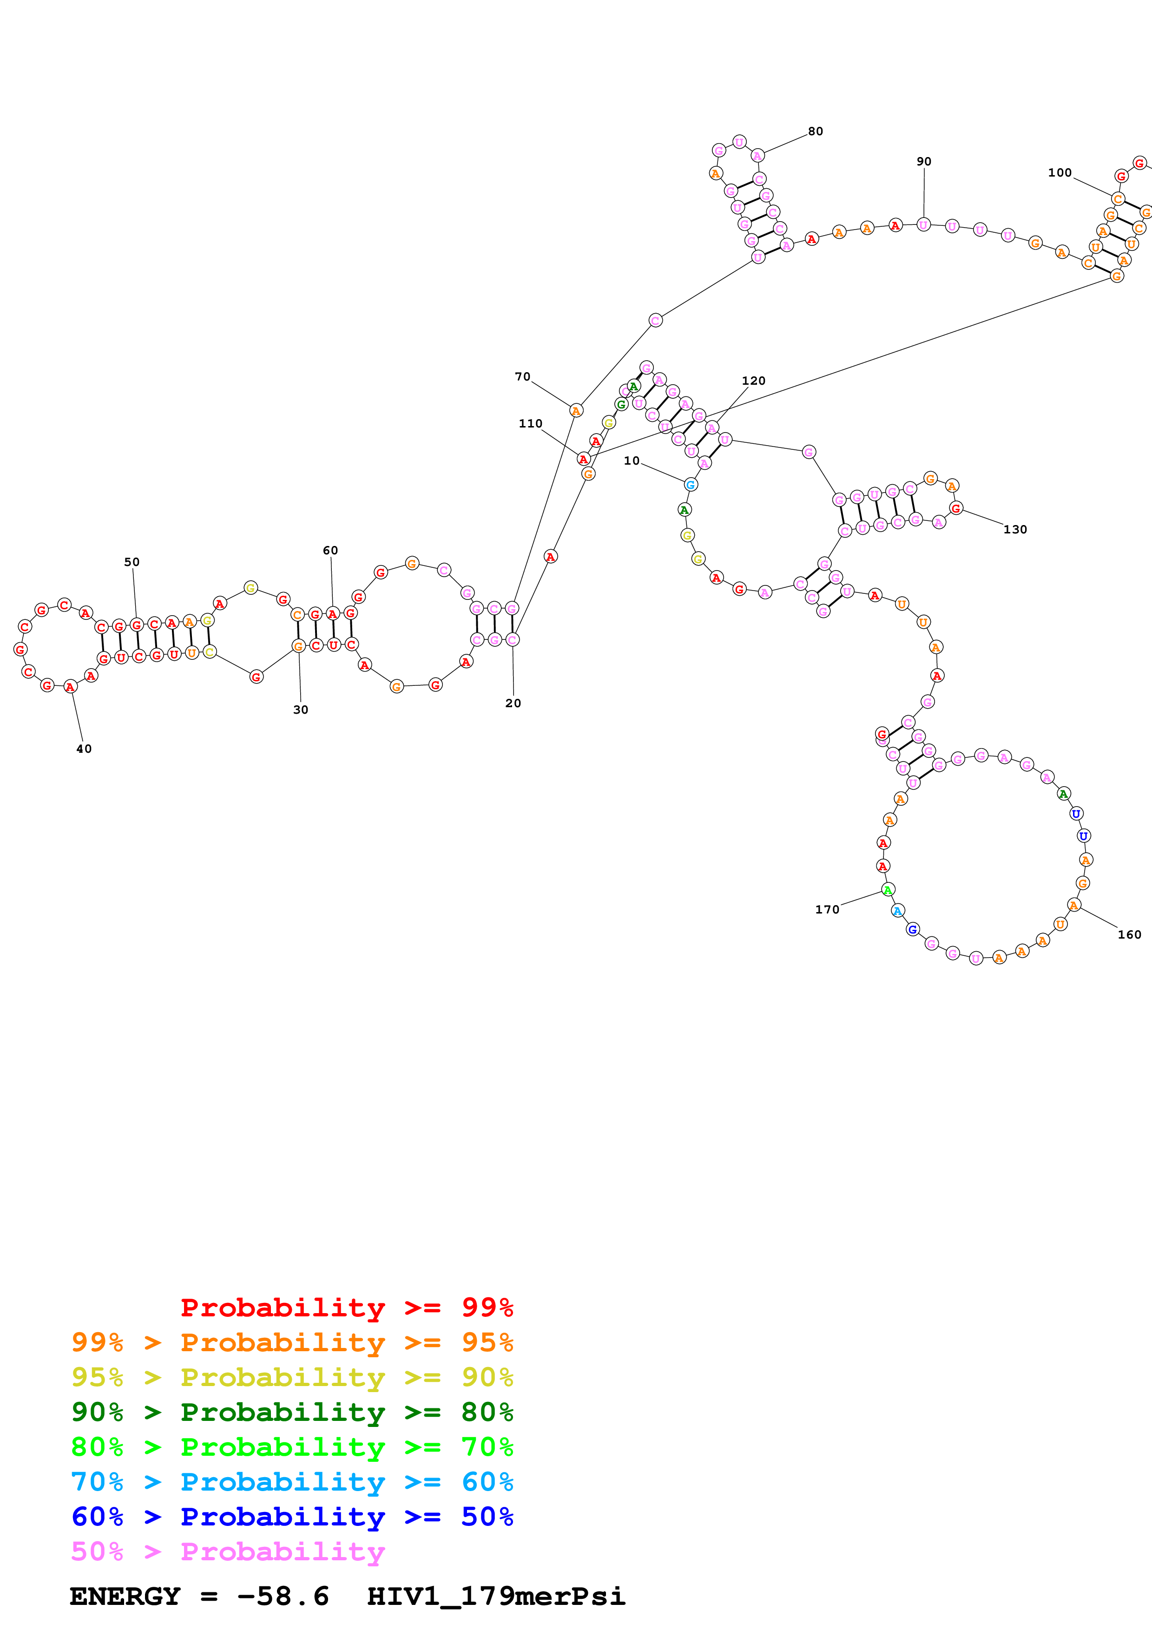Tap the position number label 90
923,161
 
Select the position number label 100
1059,172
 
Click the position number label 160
1129,934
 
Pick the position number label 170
827,909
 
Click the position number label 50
132,562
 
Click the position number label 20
513,703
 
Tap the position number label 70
522,376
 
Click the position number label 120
753,381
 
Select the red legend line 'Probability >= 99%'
346,1308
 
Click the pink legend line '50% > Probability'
227,1551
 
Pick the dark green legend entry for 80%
292,1412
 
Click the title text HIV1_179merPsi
495,1596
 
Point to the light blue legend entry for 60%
292,1482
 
